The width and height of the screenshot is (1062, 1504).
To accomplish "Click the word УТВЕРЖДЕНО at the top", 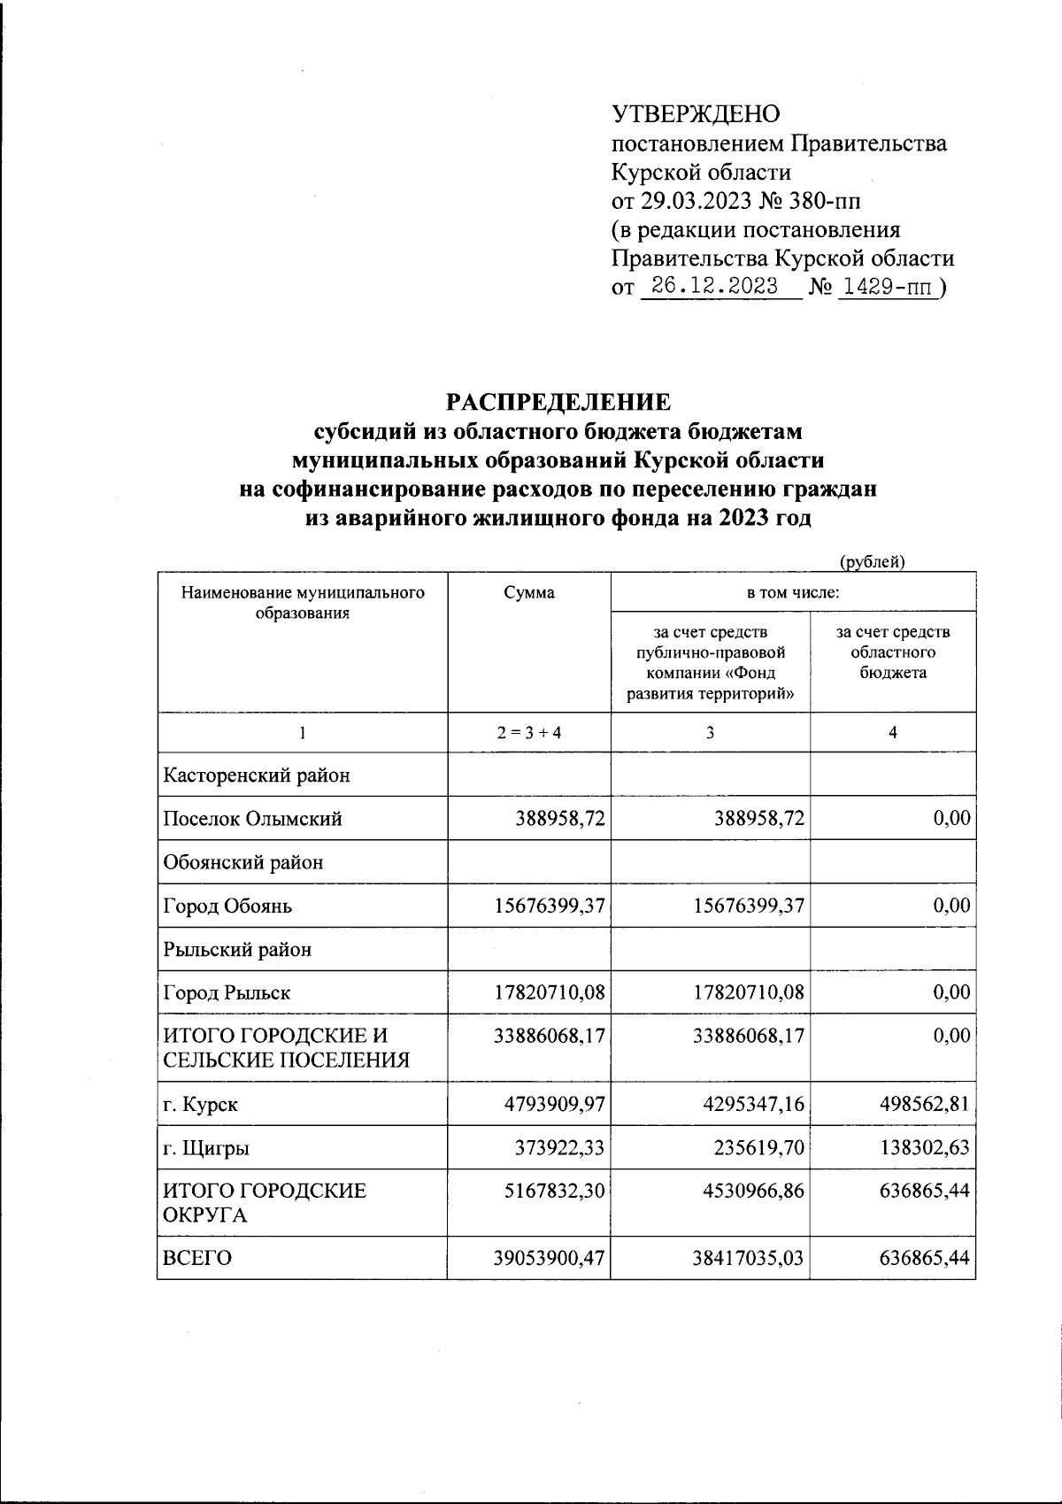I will click(x=696, y=113).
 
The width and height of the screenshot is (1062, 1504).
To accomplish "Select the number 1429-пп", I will click(x=888, y=287).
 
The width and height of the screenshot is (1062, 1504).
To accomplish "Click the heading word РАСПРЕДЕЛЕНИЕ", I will click(x=558, y=403).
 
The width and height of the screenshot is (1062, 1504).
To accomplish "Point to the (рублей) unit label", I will click(x=872, y=560).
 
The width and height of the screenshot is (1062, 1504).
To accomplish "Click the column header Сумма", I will click(x=528, y=593).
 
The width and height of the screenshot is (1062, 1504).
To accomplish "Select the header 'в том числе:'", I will click(x=792, y=593).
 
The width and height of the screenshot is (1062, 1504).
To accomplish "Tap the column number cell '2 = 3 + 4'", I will click(x=528, y=733).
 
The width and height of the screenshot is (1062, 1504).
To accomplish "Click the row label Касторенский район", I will click(x=257, y=775).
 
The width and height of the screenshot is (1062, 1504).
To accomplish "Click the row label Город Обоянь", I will click(x=227, y=906).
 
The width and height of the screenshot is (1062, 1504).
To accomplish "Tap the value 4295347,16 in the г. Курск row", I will click(x=749, y=1105).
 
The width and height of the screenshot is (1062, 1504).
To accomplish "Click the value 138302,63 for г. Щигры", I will click(x=922, y=1148).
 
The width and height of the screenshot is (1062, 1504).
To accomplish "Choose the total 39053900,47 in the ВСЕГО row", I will click(x=550, y=1258).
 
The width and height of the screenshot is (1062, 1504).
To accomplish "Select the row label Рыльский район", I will click(x=237, y=950).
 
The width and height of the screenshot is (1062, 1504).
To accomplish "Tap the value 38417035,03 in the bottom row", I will click(x=749, y=1258).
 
